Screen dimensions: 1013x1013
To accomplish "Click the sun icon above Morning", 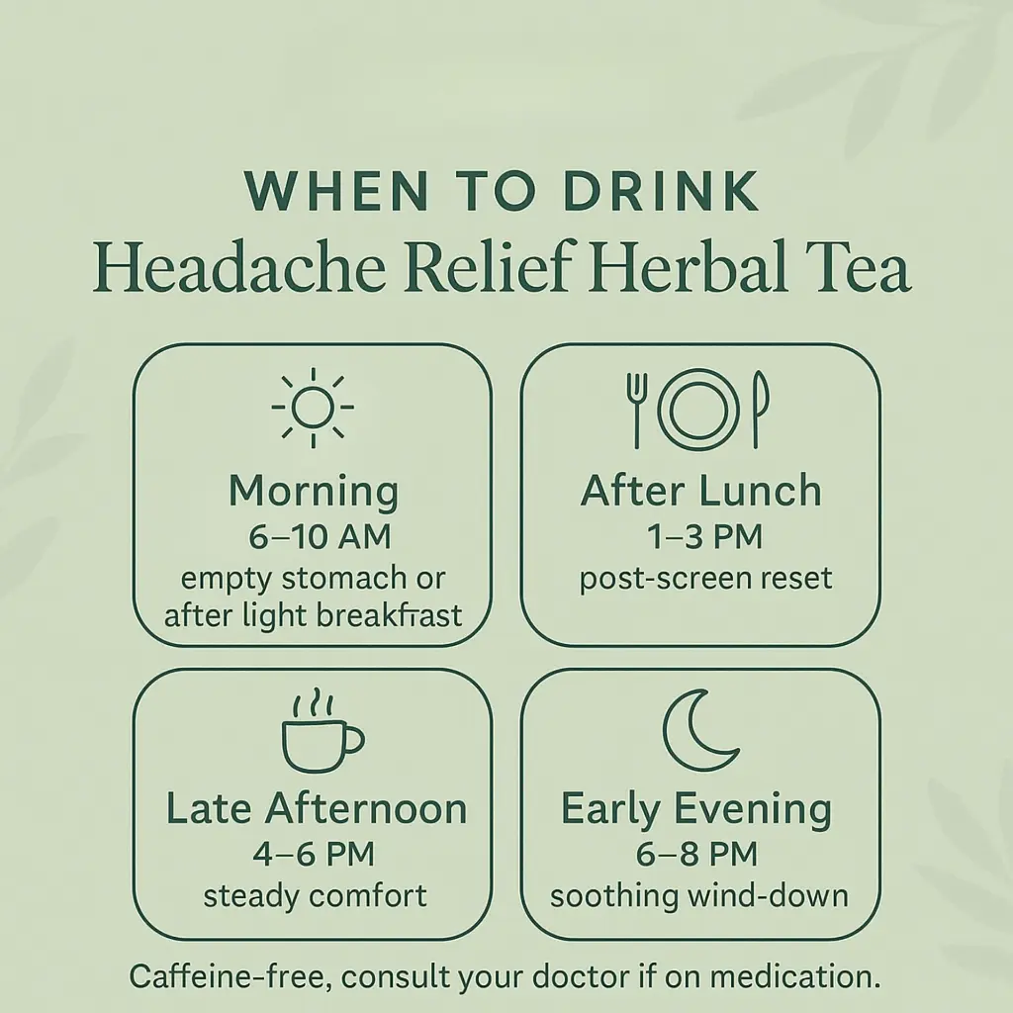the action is pyautogui.click(x=313, y=408).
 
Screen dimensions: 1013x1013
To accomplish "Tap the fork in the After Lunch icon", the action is pyautogui.click(x=636, y=410).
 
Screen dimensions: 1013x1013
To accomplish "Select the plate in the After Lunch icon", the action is pyautogui.click(x=697, y=410).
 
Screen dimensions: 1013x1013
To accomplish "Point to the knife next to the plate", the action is pyautogui.click(x=760, y=410).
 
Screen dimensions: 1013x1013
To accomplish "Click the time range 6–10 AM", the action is pyautogui.click(x=320, y=537).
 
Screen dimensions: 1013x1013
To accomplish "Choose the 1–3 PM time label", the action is pyautogui.click(x=704, y=537).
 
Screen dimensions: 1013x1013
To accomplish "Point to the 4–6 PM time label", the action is pyautogui.click(x=314, y=854).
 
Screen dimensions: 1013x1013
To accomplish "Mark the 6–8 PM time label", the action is pyautogui.click(x=696, y=854).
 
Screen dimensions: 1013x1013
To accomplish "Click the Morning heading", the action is pyautogui.click(x=314, y=492).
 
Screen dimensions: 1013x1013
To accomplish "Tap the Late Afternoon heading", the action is pyautogui.click(x=316, y=809).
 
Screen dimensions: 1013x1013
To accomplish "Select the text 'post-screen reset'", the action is pyautogui.click(x=705, y=579).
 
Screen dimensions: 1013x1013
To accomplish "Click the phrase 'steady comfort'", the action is pyautogui.click(x=315, y=896).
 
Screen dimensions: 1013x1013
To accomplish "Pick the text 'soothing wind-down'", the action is pyautogui.click(x=699, y=896).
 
